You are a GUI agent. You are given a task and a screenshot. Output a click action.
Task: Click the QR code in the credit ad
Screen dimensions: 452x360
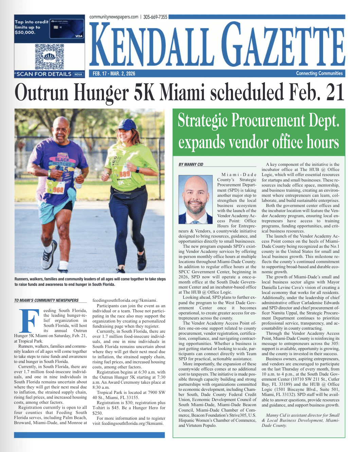pos(50,56)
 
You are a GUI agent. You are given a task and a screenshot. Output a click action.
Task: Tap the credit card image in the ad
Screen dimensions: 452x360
pos(67,29)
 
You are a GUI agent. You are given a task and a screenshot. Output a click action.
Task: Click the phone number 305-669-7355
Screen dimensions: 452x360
pos(155,17)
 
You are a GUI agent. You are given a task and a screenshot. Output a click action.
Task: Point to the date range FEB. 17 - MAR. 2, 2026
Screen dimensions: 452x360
pos(114,73)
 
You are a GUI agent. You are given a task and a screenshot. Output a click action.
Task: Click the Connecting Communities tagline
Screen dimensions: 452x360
pos(319,73)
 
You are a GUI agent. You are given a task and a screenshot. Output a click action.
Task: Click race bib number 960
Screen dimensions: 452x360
pos(58,190)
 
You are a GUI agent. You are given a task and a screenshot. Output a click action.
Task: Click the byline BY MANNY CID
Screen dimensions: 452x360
pos(191,164)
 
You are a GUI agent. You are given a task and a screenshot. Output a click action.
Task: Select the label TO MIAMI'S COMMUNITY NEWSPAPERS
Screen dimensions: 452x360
pos(47,300)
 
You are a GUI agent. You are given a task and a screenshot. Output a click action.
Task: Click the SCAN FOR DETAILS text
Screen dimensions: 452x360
pos(44,74)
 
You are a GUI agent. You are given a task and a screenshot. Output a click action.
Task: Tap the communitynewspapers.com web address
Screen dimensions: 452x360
pos(114,17)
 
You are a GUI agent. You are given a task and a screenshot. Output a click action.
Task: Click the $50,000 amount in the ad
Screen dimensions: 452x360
pos(25,33)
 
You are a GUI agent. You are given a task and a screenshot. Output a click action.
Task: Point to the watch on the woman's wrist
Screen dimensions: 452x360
pos(138,170)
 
